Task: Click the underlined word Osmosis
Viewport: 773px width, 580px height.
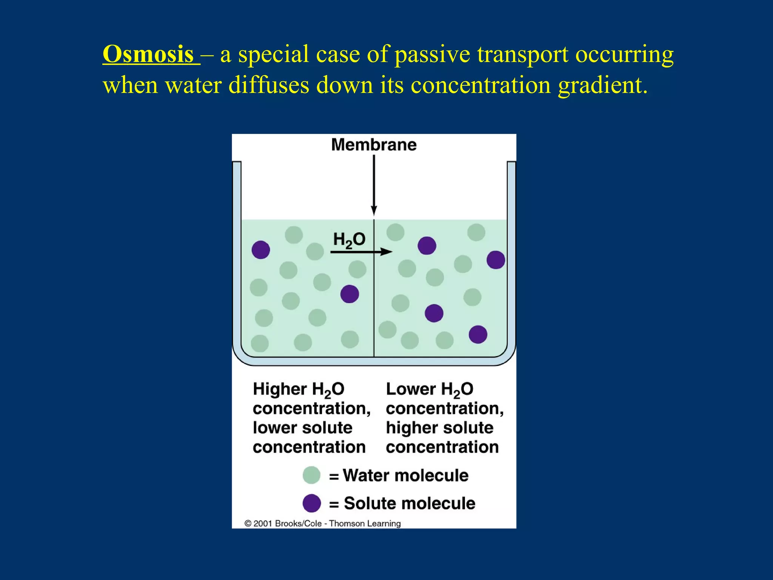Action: click(148, 54)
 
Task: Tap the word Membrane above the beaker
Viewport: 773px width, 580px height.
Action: click(374, 145)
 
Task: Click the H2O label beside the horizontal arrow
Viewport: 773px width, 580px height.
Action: click(349, 240)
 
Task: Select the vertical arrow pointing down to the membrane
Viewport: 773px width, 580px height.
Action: click(374, 185)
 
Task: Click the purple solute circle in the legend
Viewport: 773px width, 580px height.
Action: click(312, 503)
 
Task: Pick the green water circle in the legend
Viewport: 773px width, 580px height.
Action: click(312, 475)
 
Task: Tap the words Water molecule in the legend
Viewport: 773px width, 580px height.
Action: click(406, 475)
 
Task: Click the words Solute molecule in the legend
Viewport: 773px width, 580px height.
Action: click(410, 503)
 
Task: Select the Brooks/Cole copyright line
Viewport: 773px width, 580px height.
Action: click(323, 523)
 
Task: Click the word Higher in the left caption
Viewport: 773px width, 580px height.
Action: click(280, 389)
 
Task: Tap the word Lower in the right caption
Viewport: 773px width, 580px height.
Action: click(411, 389)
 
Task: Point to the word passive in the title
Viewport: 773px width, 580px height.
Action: click(432, 54)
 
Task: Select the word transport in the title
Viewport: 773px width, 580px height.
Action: click(523, 54)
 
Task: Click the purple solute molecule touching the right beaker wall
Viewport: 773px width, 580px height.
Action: click(496, 260)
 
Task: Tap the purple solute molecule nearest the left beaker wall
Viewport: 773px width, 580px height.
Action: click(261, 250)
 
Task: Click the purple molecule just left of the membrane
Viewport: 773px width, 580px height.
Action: click(350, 294)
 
